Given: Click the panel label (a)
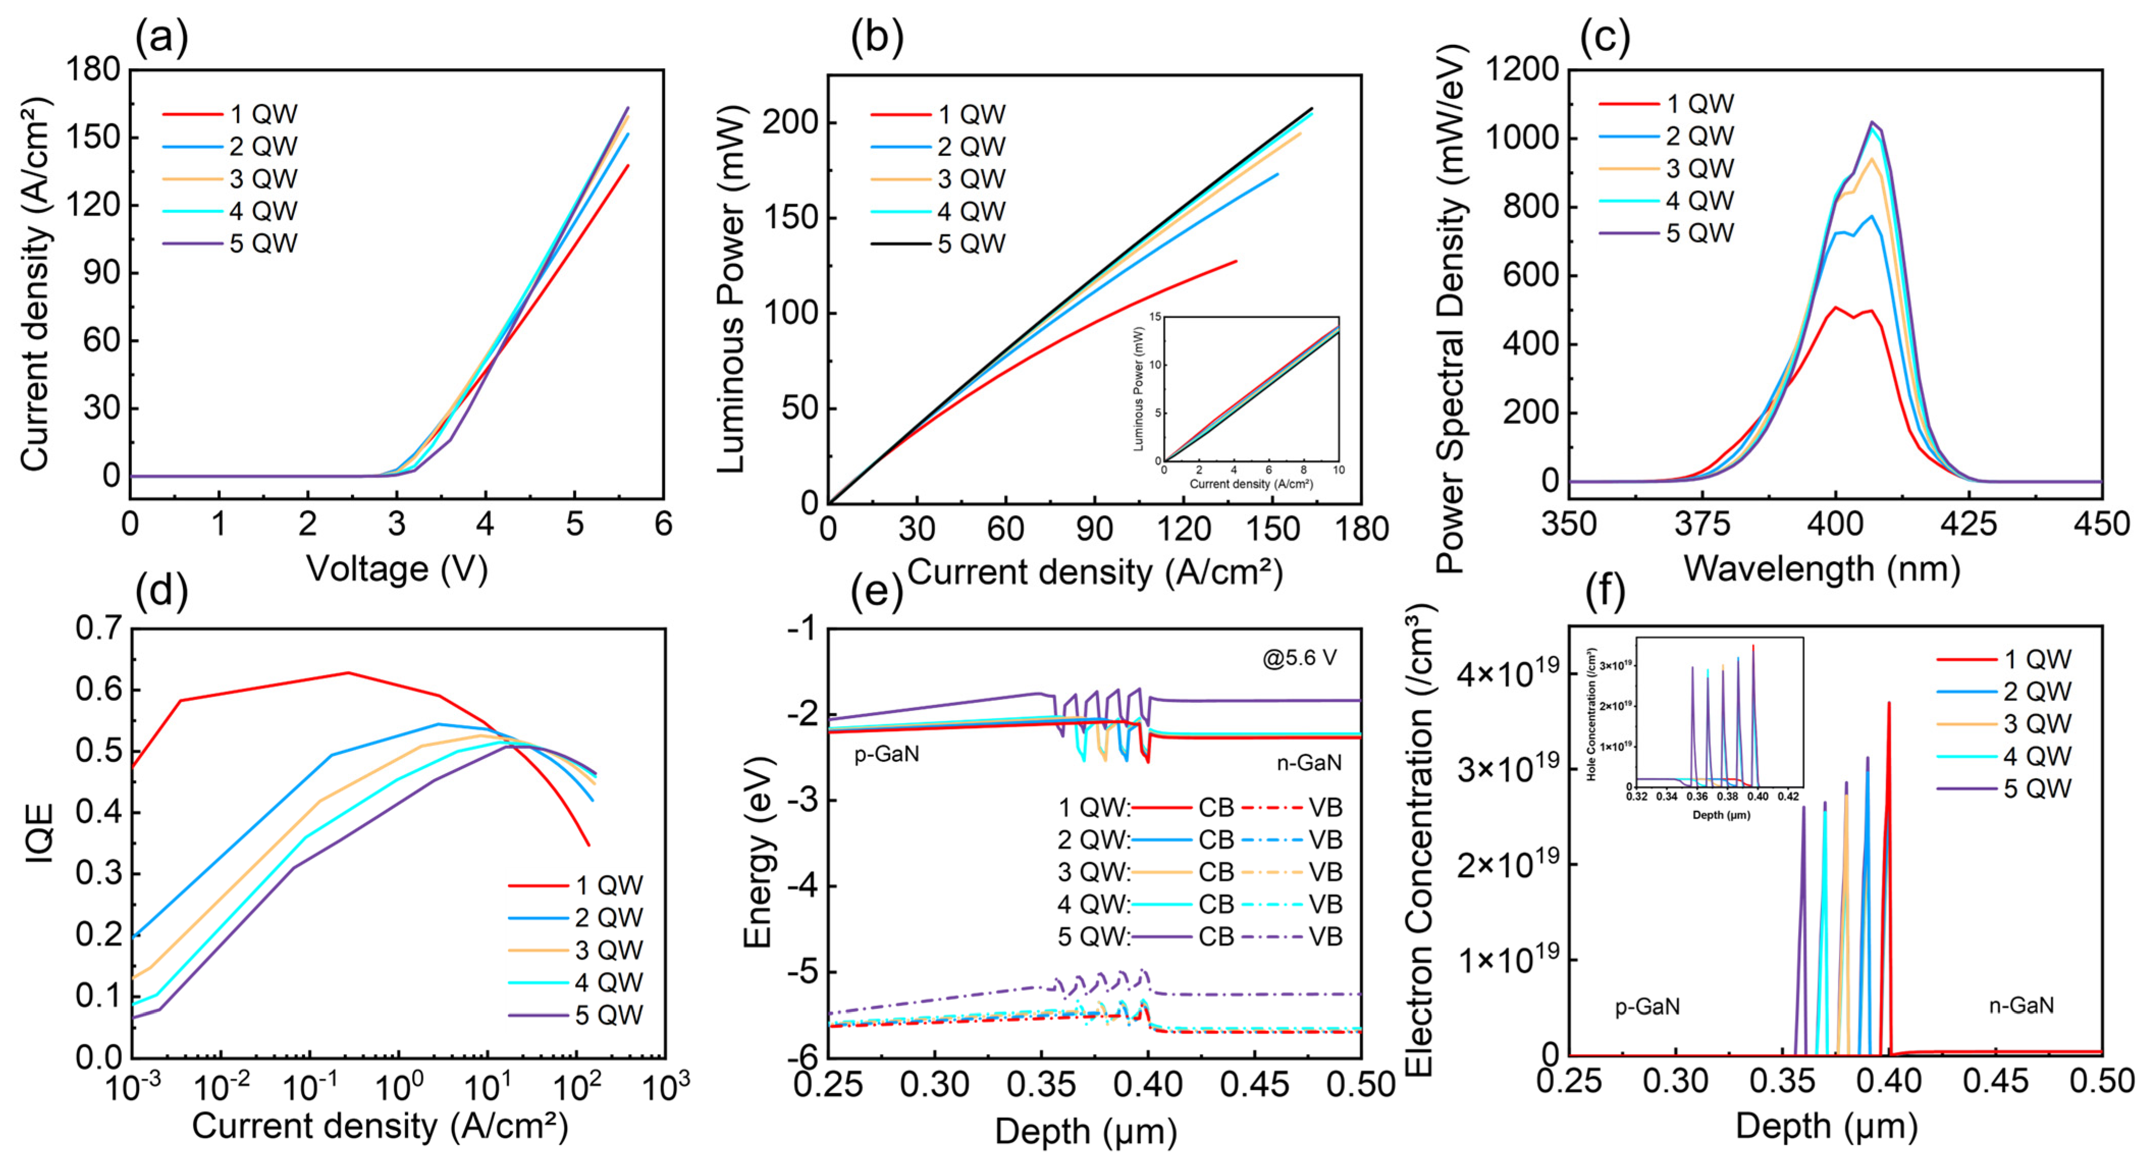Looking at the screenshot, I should pos(161,38).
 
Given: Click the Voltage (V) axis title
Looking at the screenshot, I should pos(396,569).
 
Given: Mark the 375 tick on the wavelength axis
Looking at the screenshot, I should pos(1703,524).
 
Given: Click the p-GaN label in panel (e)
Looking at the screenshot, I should pos(886,754).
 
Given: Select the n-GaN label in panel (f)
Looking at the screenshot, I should pos(2021,1005).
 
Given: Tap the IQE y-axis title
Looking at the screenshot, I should pos(39,833).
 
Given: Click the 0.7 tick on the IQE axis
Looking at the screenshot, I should pos(98,628).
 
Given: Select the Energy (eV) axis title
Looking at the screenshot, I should pos(757,852).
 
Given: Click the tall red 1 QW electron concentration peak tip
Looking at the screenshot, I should pos(1889,703).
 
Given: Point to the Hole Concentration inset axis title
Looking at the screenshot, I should pos(1592,715).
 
